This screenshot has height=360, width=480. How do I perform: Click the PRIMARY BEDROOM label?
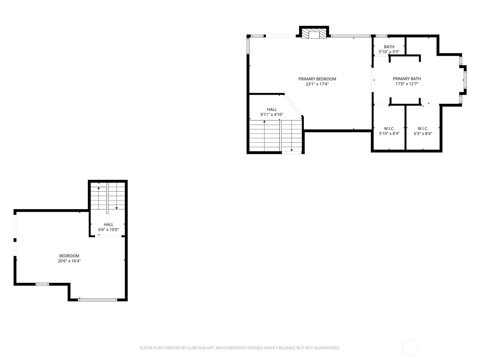(x=317, y=79)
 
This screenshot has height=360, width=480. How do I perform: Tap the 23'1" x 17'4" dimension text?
(x=317, y=84)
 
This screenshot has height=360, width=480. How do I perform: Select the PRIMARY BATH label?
(x=407, y=79)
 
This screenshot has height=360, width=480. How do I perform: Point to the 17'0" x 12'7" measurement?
(x=407, y=84)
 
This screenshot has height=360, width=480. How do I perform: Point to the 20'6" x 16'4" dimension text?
(x=69, y=261)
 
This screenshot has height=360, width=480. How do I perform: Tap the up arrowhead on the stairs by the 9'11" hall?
(x=264, y=121)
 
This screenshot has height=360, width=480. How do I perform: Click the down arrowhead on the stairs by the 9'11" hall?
(x=292, y=150)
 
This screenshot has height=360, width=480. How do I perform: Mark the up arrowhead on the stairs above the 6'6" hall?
(x=99, y=188)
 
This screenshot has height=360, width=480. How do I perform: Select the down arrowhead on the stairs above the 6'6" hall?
(x=117, y=208)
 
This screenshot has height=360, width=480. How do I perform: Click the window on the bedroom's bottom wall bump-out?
(x=97, y=300)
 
